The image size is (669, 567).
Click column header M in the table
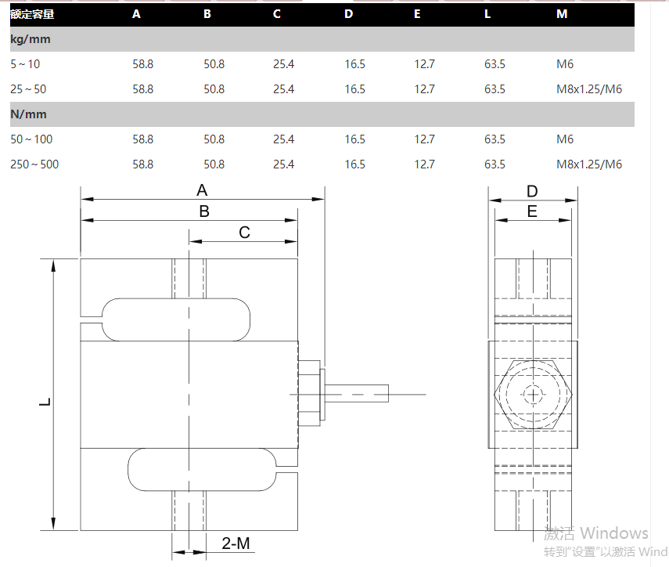point(561,14)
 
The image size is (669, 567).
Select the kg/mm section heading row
point(29,39)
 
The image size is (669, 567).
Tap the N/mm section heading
point(29,114)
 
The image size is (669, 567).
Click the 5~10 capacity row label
point(24,64)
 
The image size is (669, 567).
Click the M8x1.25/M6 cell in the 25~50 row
point(588,89)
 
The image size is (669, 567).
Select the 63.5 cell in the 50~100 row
point(495,139)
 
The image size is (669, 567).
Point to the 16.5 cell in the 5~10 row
point(354,64)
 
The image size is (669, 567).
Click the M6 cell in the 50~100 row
point(565,139)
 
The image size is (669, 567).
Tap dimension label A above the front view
point(202,190)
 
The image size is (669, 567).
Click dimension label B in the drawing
point(203,211)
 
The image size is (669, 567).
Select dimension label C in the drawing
point(244,233)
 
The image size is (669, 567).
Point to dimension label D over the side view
point(532,192)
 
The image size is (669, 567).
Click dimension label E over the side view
point(532,211)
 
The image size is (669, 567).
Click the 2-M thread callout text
point(236,544)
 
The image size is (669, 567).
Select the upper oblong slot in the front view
point(176,320)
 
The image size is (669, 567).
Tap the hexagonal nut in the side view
point(534,394)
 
